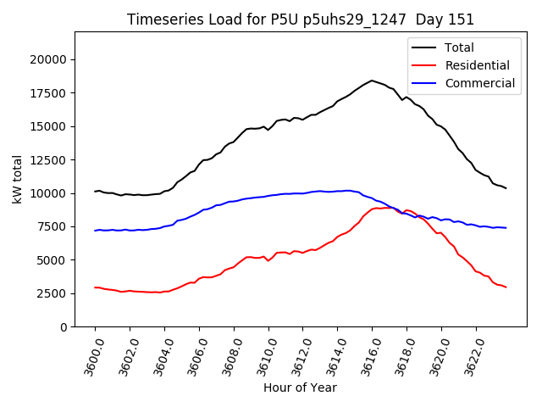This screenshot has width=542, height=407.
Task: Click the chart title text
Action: point(301,20)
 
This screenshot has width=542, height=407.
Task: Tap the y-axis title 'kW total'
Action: point(17,179)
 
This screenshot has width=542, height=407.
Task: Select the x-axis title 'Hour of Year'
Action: point(300,387)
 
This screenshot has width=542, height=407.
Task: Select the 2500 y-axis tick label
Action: point(53,293)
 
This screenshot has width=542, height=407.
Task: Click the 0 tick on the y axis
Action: point(64,326)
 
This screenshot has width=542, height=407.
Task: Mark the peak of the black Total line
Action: point(372,81)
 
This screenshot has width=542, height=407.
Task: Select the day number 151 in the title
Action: point(462,20)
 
